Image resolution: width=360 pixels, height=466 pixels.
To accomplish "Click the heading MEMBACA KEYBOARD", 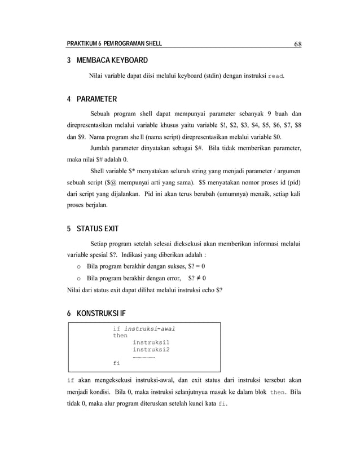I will click(112, 60).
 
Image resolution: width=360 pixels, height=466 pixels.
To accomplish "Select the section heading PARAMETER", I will click(96, 100).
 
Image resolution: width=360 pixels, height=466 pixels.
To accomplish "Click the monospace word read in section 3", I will click(276, 76).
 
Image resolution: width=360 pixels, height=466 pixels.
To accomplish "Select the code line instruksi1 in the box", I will click(151, 342).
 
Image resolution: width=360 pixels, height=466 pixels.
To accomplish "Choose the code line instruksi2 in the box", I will click(151, 349).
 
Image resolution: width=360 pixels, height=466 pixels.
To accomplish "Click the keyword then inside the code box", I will click(120, 335).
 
